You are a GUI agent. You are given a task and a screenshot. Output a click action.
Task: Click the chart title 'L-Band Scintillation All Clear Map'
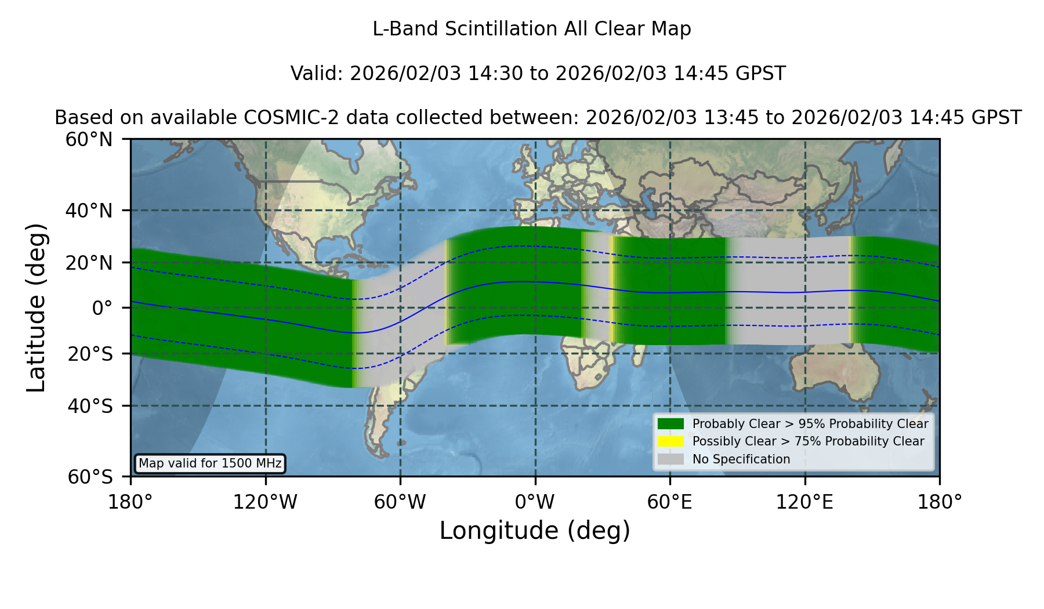(x=531, y=29)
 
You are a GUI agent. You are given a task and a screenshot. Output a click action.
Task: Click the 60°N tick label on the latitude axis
(x=89, y=140)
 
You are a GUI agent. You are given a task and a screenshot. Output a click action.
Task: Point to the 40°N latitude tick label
(x=89, y=211)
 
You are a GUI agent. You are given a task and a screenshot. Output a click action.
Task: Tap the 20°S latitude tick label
(x=90, y=354)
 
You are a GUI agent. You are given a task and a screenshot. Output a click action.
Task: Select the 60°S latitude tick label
(x=90, y=477)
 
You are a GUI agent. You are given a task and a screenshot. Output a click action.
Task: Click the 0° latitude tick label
(x=102, y=308)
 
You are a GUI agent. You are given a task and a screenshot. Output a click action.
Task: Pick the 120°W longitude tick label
(x=265, y=502)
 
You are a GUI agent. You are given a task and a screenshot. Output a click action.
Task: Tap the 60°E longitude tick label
(x=670, y=502)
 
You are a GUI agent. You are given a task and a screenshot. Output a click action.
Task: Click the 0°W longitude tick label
(x=535, y=502)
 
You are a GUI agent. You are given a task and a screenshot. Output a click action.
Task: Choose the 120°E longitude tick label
(x=804, y=502)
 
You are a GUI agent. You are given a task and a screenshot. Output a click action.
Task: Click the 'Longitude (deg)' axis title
(x=535, y=531)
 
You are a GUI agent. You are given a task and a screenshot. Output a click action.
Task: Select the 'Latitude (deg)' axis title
(x=36, y=307)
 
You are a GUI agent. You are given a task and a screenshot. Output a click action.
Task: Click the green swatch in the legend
(x=670, y=424)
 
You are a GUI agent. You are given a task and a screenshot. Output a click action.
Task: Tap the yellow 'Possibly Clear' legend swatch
(x=670, y=441)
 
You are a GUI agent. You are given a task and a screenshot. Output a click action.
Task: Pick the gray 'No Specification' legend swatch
(x=670, y=459)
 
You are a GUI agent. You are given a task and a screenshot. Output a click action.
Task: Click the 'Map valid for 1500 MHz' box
(x=210, y=463)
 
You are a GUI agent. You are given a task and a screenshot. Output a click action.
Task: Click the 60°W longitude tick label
(x=400, y=502)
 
